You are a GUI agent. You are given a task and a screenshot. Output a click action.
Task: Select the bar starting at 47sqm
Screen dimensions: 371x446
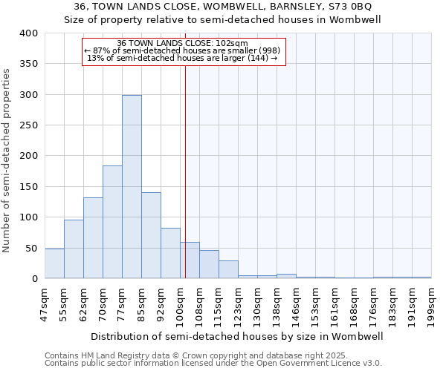coord(54,263)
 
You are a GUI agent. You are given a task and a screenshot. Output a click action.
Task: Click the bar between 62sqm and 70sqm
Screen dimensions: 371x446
coord(93,237)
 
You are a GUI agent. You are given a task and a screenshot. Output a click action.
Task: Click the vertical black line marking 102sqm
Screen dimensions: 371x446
coord(185,171)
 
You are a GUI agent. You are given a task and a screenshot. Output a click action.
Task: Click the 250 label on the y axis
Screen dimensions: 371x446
coord(28,125)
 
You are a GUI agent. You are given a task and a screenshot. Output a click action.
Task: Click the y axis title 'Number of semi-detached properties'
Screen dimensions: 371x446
coord(7,160)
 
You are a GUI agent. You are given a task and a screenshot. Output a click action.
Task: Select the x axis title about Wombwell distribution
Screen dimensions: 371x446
coord(237,336)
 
